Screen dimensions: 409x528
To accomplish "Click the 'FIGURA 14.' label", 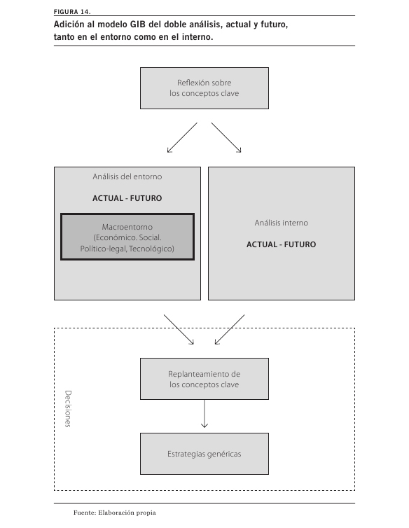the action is tap(72, 12).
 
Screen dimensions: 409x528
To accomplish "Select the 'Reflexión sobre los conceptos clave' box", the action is tap(204, 88).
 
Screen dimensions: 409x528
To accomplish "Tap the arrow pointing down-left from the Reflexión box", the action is tap(182, 138).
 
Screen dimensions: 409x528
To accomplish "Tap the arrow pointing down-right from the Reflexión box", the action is tap(226, 138).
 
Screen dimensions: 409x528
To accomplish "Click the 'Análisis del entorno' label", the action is tap(127, 176).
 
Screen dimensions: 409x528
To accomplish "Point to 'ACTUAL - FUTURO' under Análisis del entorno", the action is tap(127, 198).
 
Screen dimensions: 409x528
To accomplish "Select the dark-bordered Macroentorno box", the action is tap(127, 237).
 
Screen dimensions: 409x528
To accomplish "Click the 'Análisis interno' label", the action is tap(282, 223).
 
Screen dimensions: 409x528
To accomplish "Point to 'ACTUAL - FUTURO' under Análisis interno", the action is tap(282, 244).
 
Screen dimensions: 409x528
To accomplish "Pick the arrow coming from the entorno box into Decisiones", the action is tap(179, 330).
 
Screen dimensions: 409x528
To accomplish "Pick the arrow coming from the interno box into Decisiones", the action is tap(230, 330).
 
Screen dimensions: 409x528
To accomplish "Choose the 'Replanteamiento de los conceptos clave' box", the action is tap(204, 379).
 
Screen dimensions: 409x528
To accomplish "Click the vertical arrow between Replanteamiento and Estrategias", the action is tap(204, 414).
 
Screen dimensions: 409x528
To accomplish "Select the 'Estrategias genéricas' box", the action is tap(204, 454).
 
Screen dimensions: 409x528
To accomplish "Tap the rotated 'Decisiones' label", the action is tap(68, 409).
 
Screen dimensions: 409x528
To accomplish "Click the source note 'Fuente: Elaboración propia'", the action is tap(115, 513).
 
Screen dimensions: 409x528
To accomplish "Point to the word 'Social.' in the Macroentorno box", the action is tap(151, 237).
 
